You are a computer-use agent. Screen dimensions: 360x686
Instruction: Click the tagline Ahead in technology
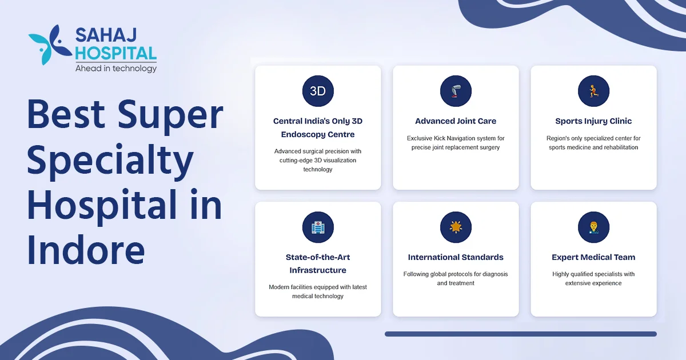[x=115, y=69]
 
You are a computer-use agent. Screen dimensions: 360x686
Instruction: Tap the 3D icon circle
[x=318, y=91]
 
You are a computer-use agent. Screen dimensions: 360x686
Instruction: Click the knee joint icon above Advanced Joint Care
[x=456, y=91]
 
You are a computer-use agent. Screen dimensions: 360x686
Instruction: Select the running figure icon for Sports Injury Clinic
[x=593, y=91]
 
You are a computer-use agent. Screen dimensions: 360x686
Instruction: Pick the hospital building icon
[x=318, y=227]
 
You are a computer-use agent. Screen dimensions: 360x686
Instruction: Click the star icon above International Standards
[x=456, y=227]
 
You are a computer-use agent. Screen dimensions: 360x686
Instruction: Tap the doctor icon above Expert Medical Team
[x=593, y=227]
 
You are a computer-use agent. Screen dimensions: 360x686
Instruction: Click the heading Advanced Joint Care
[x=456, y=121]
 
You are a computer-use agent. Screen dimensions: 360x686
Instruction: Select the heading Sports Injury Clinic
[x=593, y=121]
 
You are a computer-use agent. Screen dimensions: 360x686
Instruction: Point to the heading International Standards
[x=456, y=257]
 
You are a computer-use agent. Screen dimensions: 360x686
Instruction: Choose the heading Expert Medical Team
[x=593, y=257]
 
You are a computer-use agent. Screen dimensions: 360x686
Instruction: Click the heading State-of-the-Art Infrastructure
[x=318, y=263]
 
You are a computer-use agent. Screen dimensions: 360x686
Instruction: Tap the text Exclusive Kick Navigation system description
[x=456, y=143]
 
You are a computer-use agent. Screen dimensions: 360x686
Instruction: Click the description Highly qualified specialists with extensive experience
[x=593, y=279]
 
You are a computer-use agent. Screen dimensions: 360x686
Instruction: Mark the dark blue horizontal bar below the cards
[x=520, y=334]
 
